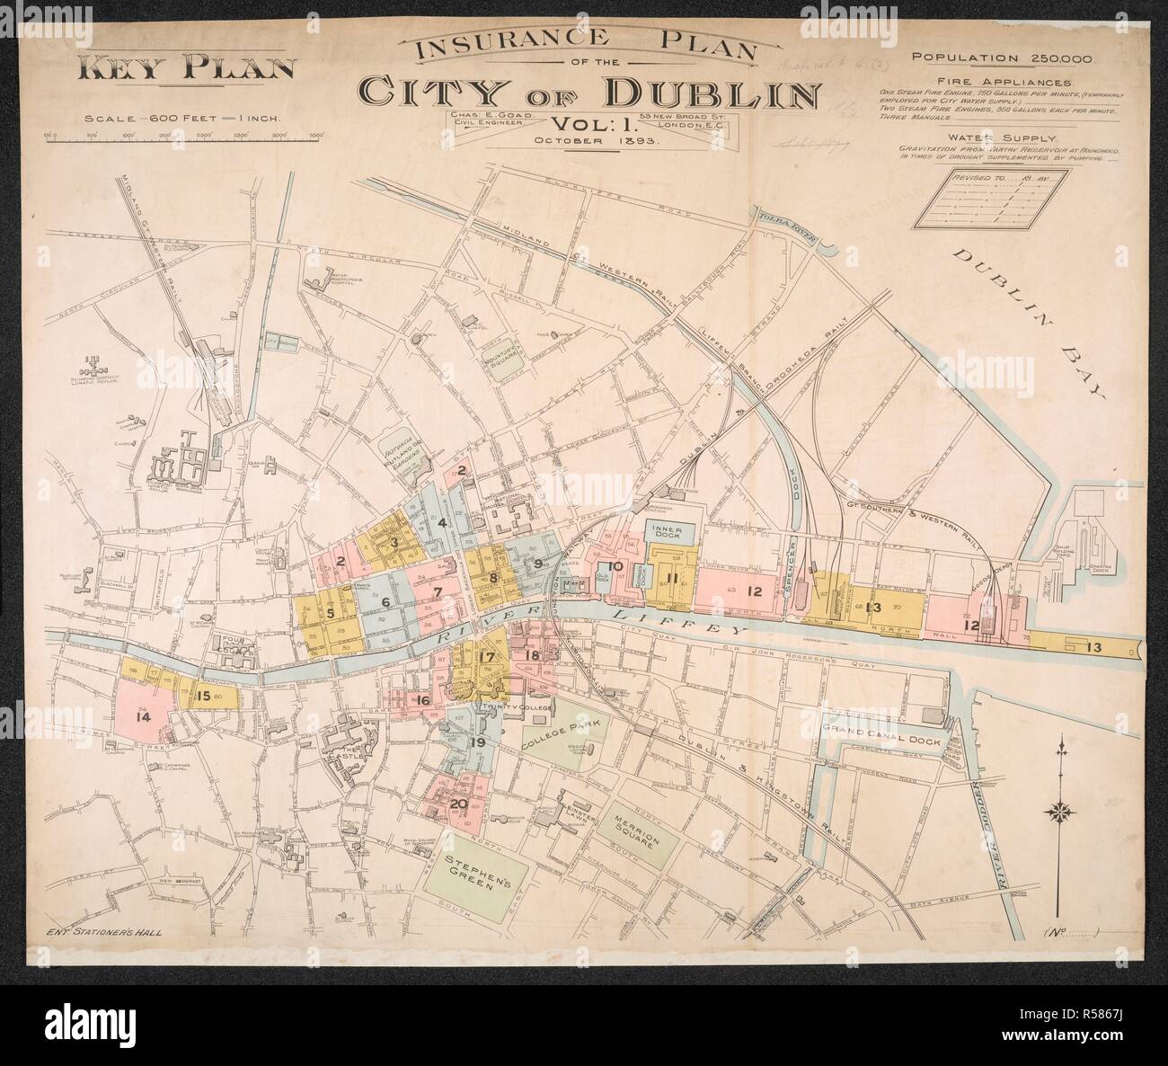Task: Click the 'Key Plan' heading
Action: [188, 69]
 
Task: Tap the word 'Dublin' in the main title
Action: [712, 93]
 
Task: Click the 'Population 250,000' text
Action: [1001, 58]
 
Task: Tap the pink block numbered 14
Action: [142, 715]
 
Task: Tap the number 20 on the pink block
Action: [458, 803]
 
